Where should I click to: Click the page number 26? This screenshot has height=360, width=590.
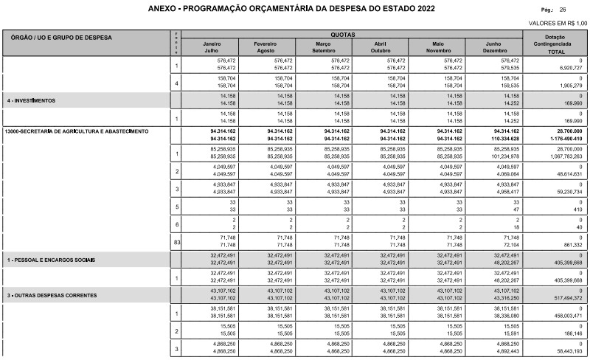(x=563, y=10)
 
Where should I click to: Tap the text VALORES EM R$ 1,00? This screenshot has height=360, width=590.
(x=558, y=24)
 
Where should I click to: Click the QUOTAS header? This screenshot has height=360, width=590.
(x=343, y=35)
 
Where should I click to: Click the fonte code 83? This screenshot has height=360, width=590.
(x=177, y=241)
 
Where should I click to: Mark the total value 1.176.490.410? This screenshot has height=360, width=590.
(x=565, y=138)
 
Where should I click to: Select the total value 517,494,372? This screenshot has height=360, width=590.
(x=567, y=300)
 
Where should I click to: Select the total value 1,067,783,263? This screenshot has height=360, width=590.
(x=566, y=156)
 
